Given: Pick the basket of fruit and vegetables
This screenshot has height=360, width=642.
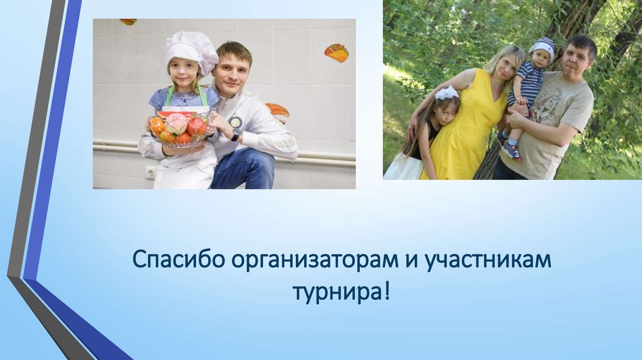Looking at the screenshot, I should [x=179, y=128].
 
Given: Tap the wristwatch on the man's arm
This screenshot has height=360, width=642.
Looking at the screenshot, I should [x=236, y=134].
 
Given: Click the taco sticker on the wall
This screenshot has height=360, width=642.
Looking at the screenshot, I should [x=337, y=53].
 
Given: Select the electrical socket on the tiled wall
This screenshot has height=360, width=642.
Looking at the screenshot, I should [x=150, y=171].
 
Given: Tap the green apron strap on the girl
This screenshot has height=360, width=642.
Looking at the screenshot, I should [x=204, y=96].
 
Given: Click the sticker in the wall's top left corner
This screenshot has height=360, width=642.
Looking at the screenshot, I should [x=129, y=22].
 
